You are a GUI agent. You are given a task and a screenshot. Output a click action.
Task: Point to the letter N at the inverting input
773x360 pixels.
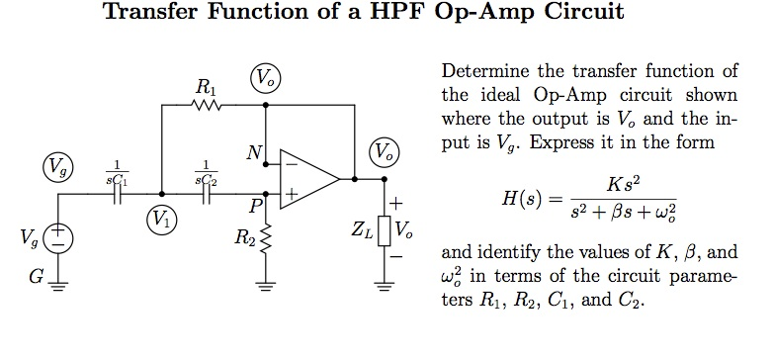[255, 153]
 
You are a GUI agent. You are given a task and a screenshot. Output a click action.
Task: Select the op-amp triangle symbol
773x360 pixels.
[307, 179]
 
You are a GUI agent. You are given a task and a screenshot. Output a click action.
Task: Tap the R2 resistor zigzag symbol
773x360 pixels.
[265, 239]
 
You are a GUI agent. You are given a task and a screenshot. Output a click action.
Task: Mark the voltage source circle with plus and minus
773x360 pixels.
[59, 238]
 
